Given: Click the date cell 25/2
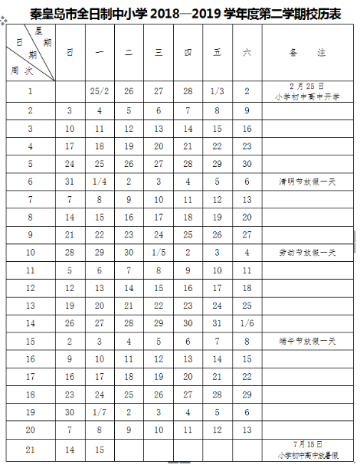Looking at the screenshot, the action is (x=99, y=91).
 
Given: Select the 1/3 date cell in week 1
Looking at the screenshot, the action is (x=218, y=91).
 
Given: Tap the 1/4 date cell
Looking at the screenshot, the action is (x=99, y=182).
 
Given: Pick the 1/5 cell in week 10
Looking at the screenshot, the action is (x=158, y=253).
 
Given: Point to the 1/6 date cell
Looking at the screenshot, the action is (x=247, y=323).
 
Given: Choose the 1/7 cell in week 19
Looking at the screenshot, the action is (x=99, y=412).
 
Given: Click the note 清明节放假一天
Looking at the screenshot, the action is (x=304, y=182).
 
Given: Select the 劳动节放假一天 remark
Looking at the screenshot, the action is (x=304, y=253).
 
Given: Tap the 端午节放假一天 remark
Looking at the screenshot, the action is (x=304, y=341).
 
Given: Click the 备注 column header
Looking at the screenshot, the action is (x=304, y=51).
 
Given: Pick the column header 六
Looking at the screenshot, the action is (x=247, y=51).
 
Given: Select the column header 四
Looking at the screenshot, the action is (x=188, y=51).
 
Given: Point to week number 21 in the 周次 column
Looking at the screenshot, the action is (x=31, y=449).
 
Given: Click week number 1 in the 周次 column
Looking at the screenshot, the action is (x=31, y=91).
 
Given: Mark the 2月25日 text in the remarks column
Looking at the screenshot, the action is (x=304, y=87).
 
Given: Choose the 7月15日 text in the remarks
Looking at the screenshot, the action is (x=304, y=443).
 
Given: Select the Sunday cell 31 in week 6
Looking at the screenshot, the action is (x=70, y=182).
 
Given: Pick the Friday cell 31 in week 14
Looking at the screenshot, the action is (x=218, y=323).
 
